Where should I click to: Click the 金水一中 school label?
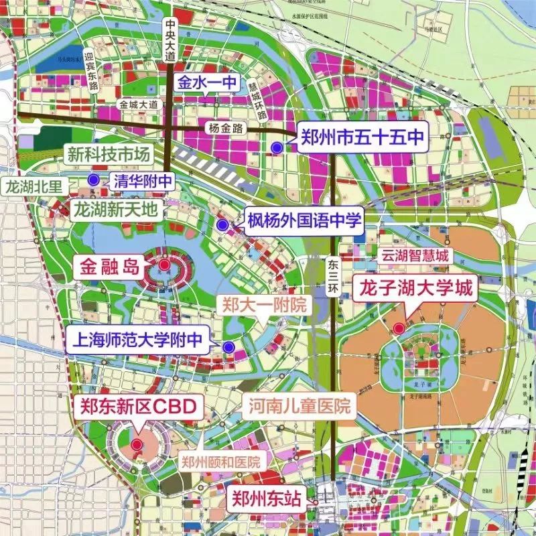click(204, 83)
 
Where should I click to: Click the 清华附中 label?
click(143, 180)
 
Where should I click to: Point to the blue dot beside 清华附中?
click(94, 179)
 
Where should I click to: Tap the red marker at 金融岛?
click(164, 266)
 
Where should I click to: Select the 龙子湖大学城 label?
click(415, 290)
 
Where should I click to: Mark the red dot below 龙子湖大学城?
click(399, 328)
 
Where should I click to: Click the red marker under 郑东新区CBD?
click(137, 445)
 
